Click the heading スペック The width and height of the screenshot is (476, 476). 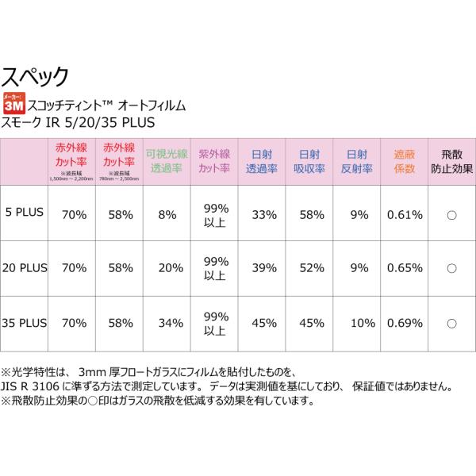point(36,77)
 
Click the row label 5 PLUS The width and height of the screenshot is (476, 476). point(25,214)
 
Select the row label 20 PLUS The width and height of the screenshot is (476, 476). point(25,268)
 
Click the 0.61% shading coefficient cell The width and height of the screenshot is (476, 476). point(403,214)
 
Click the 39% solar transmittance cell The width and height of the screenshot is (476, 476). point(262,268)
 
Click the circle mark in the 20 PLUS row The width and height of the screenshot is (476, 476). point(451,268)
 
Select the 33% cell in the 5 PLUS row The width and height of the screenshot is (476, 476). point(262,214)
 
